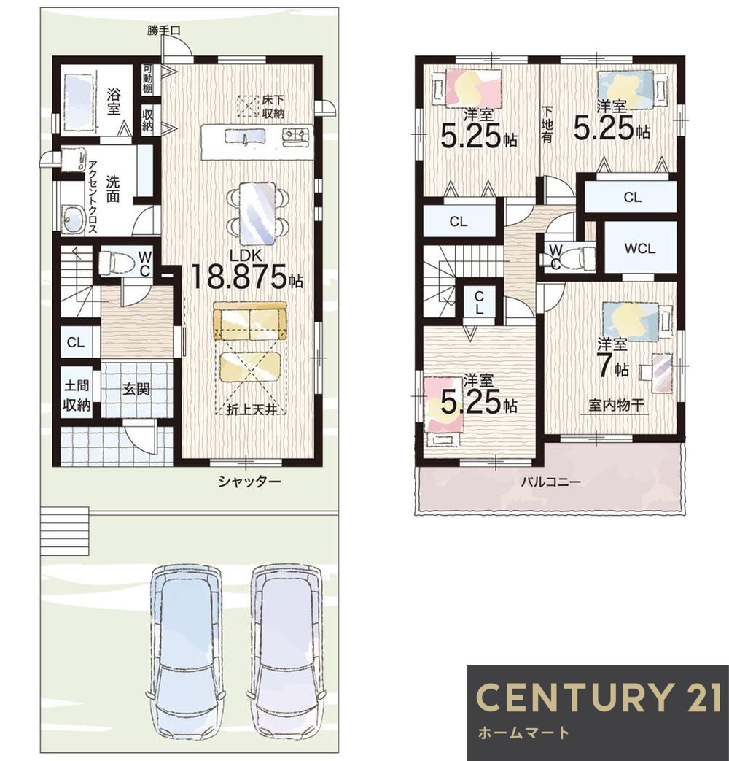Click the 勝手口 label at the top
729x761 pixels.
pyautogui.click(x=164, y=30)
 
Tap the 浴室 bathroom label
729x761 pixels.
pyautogui.click(x=114, y=101)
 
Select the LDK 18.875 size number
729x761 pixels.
pyautogui.click(x=239, y=277)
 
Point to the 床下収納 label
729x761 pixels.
pyautogui.click(x=273, y=107)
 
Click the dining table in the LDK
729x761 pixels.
pyautogui.click(x=257, y=213)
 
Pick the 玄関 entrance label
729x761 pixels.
pyautogui.click(x=136, y=389)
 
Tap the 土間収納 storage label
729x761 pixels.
pyautogui.click(x=77, y=395)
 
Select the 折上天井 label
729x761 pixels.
pyautogui.click(x=252, y=409)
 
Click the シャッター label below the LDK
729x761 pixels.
pyautogui.click(x=249, y=482)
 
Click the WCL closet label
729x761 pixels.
pyautogui.click(x=640, y=249)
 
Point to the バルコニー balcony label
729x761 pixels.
pyautogui.click(x=550, y=482)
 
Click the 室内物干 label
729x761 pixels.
pyautogui.click(x=616, y=405)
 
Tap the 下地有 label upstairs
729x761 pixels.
pyautogui.click(x=547, y=124)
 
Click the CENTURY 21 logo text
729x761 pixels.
pyautogui.click(x=599, y=697)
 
